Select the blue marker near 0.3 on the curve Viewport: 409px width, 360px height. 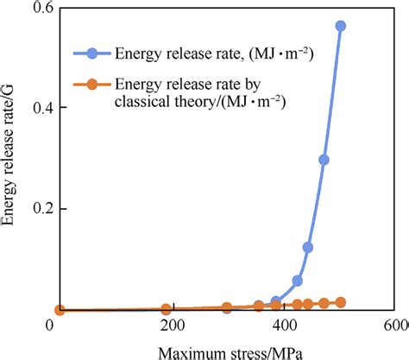pyautogui.click(x=324, y=160)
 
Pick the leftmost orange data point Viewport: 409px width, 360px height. pyautogui.click(x=60, y=310)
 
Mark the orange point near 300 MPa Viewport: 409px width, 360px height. pyautogui.click(x=227, y=307)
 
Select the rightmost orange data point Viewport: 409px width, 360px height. pyautogui.click(x=340, y=302)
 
